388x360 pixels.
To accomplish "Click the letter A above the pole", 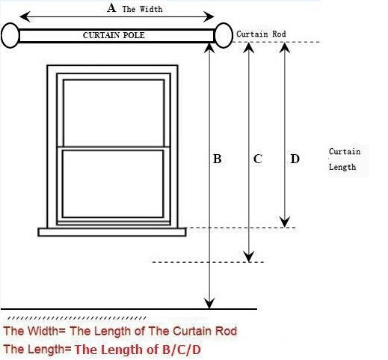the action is point(111,7).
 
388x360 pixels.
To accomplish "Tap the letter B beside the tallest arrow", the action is point(217,159).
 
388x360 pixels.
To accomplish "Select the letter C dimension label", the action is point(257,159).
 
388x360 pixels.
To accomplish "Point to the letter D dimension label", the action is point(295,159).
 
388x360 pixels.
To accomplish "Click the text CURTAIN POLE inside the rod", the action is point(114,35).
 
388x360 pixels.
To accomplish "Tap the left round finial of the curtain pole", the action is point(10,35).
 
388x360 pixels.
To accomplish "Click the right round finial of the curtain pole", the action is point(224,35).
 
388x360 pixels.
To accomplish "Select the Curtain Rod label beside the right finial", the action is point(261,34).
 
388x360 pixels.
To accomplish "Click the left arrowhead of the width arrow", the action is point(25,16).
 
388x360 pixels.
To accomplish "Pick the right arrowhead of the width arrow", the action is point(209,16).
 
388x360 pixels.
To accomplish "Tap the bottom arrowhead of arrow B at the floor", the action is point(209,303).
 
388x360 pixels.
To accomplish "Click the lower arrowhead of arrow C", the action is point(249,257).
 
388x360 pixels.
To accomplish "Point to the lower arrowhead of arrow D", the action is point(285,222).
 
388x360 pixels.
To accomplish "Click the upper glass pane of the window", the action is point(114,113).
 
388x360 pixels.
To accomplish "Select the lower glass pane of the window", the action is point(113,184).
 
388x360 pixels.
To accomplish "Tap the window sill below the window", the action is point(112,232).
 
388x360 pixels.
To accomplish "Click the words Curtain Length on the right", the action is point(345,159).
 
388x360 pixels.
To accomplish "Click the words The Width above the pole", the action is point(142,9).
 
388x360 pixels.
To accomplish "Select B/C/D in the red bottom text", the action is point(182,350).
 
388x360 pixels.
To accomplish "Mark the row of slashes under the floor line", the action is point(77,318).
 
